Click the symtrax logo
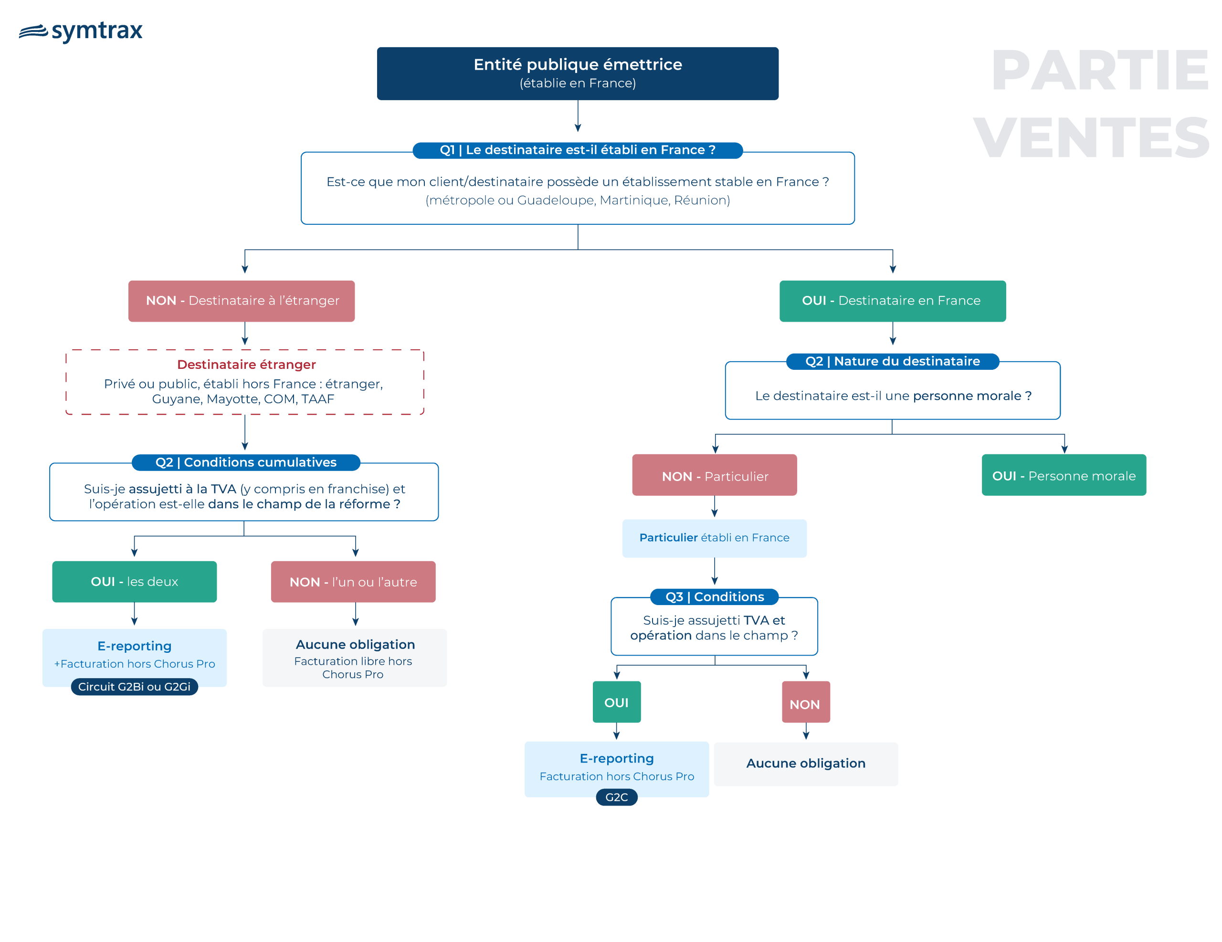81,31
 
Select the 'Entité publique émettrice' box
578,73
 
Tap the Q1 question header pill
578,150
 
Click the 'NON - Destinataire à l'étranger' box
242,301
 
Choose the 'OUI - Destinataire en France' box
893,301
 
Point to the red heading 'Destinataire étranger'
246,365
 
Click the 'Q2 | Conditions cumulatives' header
246,462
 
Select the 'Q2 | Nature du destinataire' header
893,361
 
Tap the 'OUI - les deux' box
134,582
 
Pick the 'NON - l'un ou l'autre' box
353,582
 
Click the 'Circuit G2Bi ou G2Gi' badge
134,686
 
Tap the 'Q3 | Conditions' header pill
715,597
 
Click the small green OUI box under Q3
617,702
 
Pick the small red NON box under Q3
806,702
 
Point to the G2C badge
617,797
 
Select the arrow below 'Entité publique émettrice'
578,116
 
